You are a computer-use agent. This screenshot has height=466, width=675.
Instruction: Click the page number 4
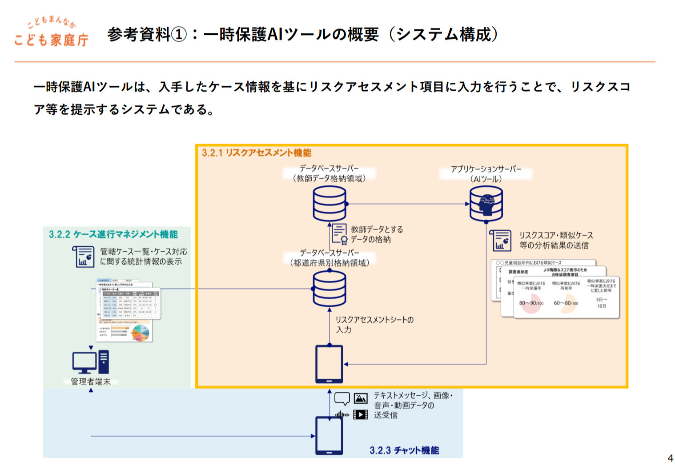pyautogui.click(x=670, y=458)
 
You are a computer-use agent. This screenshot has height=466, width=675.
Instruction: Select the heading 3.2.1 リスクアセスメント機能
pyautogui.click(x=257, y=153)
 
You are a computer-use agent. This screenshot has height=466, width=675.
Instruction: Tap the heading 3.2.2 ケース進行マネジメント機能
pyautogui.click(x=113, y=234)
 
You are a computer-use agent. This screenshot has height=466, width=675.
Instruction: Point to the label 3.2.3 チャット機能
pyautogui.click(x=404, y=450)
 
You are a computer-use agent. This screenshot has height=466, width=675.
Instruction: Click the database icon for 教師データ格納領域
pyautogui.click(x=329, y=204)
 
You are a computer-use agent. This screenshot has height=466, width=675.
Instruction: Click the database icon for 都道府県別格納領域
pyautogui.click(x=329, y=289)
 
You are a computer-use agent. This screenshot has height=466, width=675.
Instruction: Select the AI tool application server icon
pyautogui.click(x=486, y=204)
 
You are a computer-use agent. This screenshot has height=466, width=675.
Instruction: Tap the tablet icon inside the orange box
pyautogui.click(x=329, y=364)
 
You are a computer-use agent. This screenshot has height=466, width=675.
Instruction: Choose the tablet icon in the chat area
pyautogui.click(x=329, y=435)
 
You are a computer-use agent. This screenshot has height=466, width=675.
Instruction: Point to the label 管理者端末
pyautogui.click(x=91, y=382)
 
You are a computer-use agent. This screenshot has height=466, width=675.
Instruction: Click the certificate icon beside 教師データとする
pyautogui.click(x=340, y=234)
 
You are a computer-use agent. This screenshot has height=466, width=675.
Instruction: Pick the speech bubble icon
pyautogui.click(x=342, y=398)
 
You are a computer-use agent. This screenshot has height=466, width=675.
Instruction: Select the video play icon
pyautogui.click(x=361, y=415)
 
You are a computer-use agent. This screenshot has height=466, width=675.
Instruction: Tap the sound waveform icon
pyautogui.click(x=342, y=415)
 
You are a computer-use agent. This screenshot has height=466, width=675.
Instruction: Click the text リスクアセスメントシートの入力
pyautogui.click(x=374, y=325)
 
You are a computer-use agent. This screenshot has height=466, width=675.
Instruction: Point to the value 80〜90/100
pyautogui.click(x=531, y=303)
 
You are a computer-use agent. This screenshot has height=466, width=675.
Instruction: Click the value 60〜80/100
pyautogui.click(x=566, y=303)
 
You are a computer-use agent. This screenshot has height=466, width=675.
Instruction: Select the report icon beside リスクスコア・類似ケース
pyautogui.click(x=501, y=241)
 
